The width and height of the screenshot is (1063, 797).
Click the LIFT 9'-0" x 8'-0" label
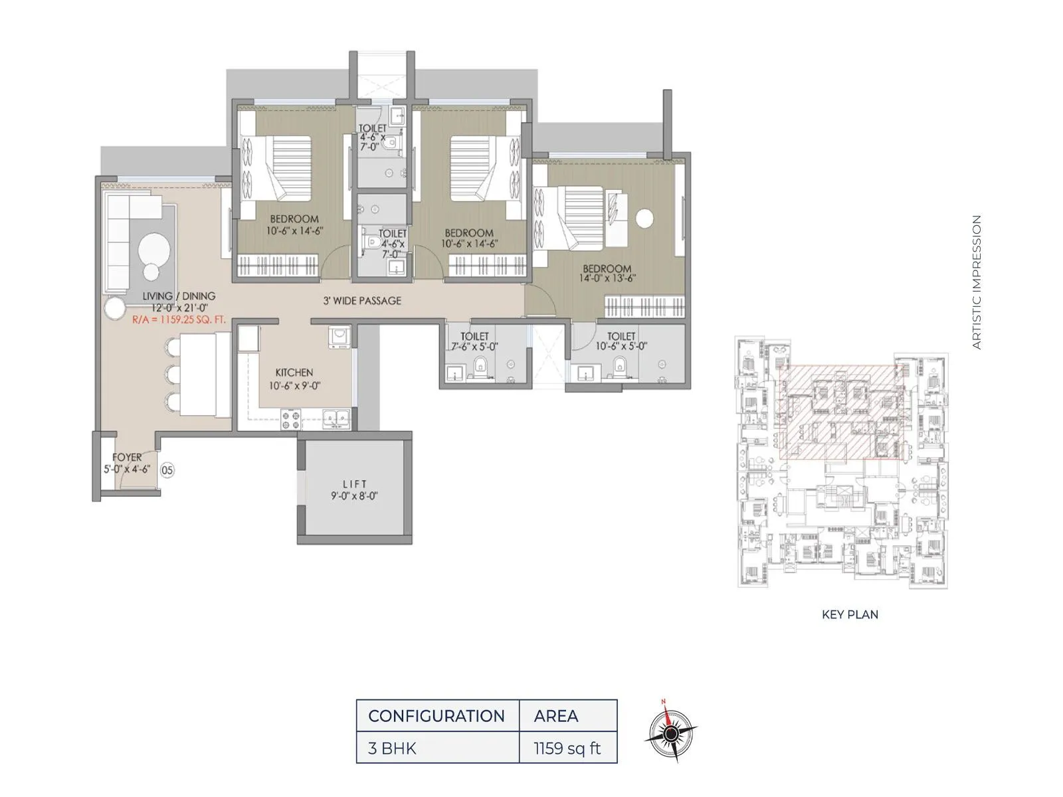(355, 490)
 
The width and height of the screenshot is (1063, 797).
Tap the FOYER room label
(126, 463)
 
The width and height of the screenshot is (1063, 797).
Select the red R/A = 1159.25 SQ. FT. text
(179, 319)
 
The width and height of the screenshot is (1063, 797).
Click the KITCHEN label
(294, 379)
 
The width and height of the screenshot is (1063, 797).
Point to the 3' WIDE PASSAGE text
(362, 301)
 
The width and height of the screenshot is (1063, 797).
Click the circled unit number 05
(167, 470)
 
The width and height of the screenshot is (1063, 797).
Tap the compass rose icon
(671, 733)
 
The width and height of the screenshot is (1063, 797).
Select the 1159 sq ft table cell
(567, 749)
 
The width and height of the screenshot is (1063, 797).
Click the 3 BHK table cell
(392, 749)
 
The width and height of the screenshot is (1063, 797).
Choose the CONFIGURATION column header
(436, 716)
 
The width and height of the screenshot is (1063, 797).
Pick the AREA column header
(556, 716)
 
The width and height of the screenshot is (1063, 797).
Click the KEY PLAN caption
(850, 614)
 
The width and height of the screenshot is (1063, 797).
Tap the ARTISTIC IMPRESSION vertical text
(976, 282)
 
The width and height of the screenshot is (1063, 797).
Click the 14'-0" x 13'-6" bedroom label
(607, 274)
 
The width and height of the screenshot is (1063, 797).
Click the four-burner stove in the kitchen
(290, 420)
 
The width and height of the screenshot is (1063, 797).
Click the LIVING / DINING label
(179, 302)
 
